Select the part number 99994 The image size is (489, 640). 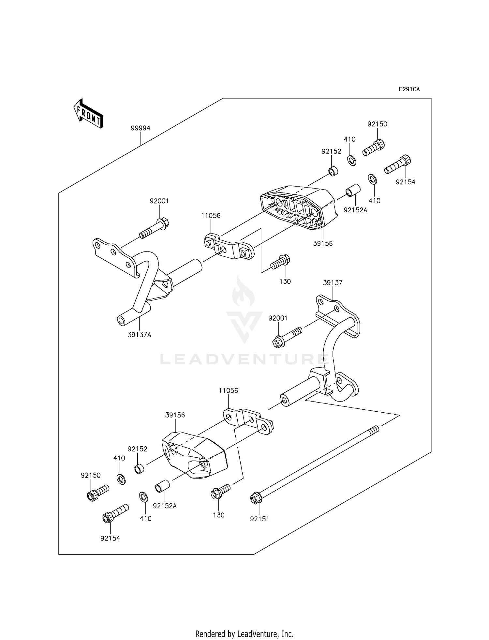pos(141,128)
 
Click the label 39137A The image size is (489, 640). pos(139,335)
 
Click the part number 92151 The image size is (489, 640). pos(259,519)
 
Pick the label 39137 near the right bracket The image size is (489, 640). pos(333,283)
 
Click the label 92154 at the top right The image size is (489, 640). pos(406,182)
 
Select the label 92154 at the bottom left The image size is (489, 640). pos(110,539)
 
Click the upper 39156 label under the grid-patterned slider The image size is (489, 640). pos(323,243)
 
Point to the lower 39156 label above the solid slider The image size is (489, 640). pos(175,415)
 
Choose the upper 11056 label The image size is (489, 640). pos(211,216)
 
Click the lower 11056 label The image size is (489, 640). pos(228,390)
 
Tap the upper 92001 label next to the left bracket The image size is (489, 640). pos(159,201)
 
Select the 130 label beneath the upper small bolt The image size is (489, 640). pos(285,282)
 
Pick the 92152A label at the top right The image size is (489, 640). pos(355,210)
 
